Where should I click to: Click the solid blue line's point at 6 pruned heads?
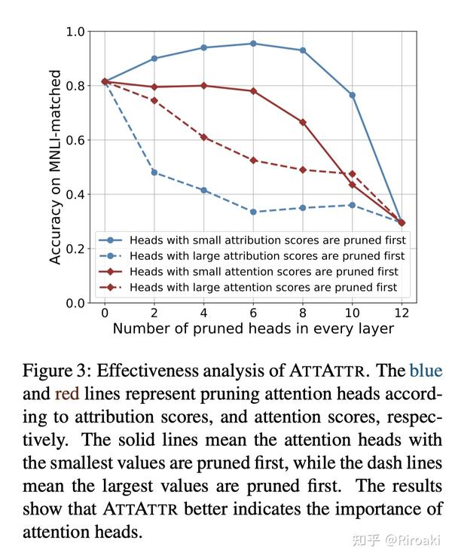point(253,44)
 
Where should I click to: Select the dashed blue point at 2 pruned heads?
point(154,173)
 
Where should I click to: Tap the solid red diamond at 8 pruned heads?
point(303,122)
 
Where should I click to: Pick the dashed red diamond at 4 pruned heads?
point(203,137)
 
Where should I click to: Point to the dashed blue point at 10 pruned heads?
point(353,205)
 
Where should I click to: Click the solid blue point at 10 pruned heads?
point(353,95)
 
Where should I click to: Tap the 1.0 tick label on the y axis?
point(75,32)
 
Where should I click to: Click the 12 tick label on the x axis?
point(402,313)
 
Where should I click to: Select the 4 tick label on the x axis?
point(203,313)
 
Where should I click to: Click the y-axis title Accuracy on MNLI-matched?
point(55,166)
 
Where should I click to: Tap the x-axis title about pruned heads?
point(253,328)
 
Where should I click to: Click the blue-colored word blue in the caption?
point(426,371)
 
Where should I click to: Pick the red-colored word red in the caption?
point(67,394)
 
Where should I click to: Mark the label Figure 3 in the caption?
point(54,371)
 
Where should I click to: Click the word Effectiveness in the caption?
point(146,371)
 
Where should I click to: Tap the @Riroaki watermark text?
point(413,540)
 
